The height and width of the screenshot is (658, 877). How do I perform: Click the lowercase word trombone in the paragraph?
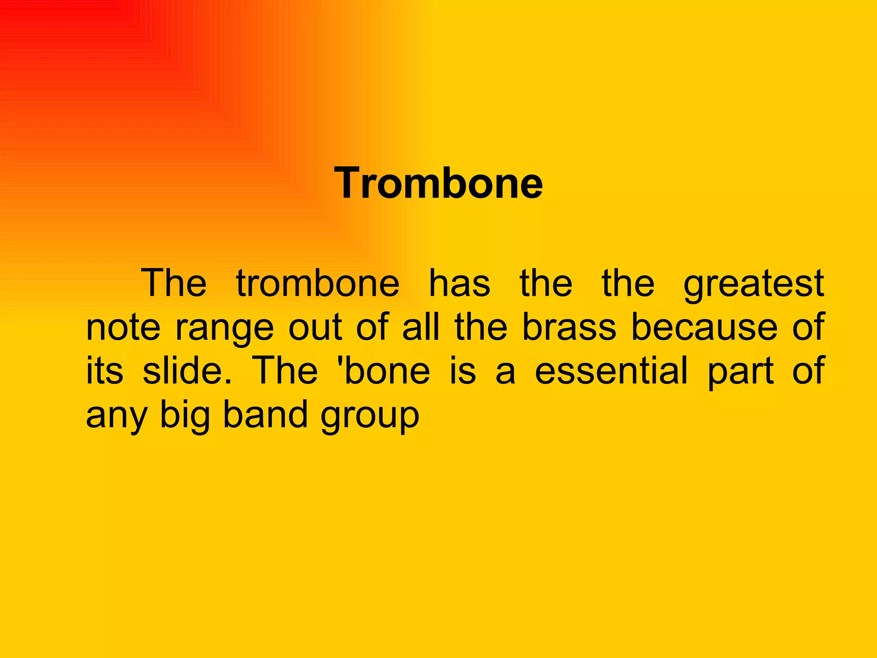coord(318,283)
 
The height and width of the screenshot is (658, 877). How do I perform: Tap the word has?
coord(459,283)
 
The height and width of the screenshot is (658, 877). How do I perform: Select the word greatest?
coord(753,284)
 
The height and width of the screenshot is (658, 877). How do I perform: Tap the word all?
coord(421,327)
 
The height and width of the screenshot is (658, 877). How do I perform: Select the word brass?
coord(569,327)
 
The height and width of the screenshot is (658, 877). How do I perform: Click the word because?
coord(704,327)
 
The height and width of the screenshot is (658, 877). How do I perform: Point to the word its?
coord(104,371)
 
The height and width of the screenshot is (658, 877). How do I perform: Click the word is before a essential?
coord(462,371)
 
